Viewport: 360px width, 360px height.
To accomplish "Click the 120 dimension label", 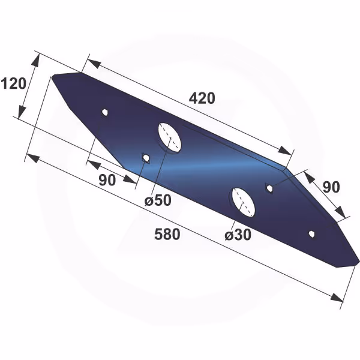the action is pos(14,83).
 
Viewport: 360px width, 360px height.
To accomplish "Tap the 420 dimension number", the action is pos(202,98).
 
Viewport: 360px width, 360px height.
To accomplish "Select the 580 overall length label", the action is pos(167,234).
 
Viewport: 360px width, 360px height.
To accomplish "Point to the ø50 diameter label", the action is pos(158,200).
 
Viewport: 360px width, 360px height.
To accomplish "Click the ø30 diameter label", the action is pos(238,235).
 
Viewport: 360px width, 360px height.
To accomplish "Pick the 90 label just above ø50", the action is pos(107,180).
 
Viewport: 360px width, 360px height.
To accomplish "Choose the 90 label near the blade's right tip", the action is pos(331,187).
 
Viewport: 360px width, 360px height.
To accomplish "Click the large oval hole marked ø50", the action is pos(170,137).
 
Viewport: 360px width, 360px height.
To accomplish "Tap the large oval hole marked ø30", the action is pos(244,203).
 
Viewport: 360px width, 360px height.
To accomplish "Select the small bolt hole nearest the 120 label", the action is pos(105,113).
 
